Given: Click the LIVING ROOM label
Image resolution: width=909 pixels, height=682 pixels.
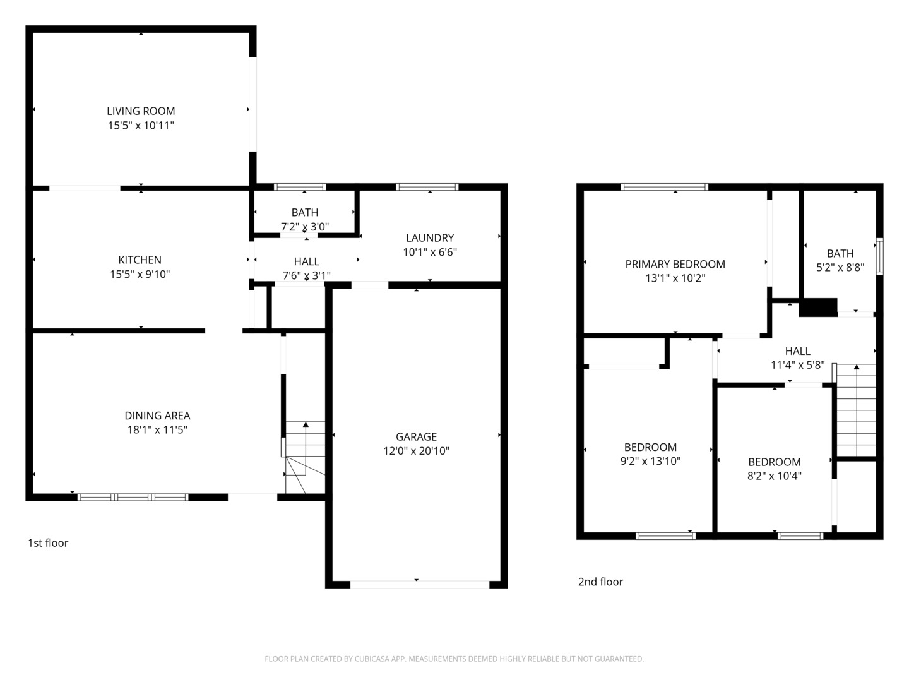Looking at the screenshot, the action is [x=141, y=111].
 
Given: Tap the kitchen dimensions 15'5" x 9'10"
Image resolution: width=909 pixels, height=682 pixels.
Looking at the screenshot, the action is [x=140, y=274].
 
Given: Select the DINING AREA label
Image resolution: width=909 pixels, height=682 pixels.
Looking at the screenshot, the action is [x=157, y=416].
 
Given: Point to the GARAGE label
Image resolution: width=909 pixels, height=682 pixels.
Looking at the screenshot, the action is [x=416, y=436].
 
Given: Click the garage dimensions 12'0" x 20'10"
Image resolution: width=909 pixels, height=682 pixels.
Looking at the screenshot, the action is [x=416, y=451].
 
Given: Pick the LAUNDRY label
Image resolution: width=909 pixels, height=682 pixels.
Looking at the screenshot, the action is [x=430, y=237].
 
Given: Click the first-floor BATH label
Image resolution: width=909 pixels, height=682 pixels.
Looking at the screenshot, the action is [x=305, y=212].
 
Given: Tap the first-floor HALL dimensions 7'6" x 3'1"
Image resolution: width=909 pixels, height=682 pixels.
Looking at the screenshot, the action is [x=306, y=275].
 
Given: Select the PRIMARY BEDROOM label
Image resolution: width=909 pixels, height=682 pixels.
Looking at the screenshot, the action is [x=675, y=264].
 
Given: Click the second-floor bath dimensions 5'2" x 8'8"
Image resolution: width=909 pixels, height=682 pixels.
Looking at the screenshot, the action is [x=840, y=268].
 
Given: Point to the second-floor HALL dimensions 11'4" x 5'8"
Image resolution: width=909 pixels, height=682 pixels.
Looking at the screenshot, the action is [x=798, y=365].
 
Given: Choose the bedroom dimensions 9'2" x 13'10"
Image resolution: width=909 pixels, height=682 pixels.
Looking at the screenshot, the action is [x=650, y=461].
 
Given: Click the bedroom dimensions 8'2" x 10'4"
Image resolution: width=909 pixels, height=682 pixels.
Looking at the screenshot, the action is [x=775, y=476].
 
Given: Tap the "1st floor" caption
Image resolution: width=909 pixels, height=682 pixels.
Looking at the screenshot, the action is [x=48, y=543].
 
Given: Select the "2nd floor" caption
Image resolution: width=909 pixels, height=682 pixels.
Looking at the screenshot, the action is [x=600, y=582].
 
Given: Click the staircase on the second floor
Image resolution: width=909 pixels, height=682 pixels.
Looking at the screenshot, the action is [x=857, y=410].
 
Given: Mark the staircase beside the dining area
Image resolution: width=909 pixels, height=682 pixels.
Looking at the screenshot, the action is [x=305, y=458].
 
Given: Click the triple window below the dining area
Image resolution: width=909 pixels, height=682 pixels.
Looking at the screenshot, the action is [x=133, y=498].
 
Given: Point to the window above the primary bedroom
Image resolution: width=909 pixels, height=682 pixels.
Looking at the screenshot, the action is [x=664, y=187].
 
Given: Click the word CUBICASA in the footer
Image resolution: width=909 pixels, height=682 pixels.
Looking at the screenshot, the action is [x=369, y=659].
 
